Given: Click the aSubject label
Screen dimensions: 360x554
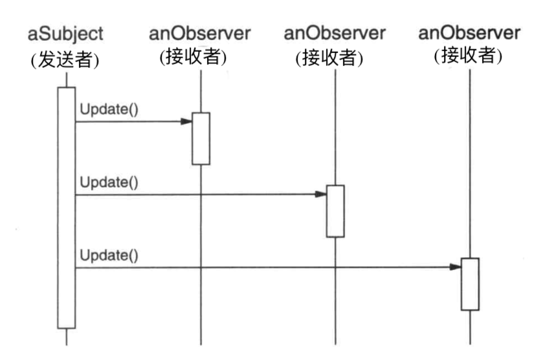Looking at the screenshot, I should click(65, 33).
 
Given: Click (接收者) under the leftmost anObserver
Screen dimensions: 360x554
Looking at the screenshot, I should click(193, 58).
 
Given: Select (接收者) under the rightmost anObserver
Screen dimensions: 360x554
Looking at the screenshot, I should click(469, 56).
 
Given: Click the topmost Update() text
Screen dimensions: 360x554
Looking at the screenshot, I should click(109, 109).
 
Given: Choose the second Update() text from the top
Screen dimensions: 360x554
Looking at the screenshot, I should click(109, 182).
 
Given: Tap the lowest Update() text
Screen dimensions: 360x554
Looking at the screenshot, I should click(109, 254).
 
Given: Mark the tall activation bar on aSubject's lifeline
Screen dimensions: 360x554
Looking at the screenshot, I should click(66, 207).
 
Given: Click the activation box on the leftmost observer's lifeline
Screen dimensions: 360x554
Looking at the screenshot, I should click(201, 139).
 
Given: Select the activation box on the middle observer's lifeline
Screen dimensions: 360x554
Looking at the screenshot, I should click(335, 211).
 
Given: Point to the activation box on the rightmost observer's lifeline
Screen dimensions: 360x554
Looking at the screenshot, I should click(470, 284).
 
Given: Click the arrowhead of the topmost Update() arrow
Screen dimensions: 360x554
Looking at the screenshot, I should click(186, 121).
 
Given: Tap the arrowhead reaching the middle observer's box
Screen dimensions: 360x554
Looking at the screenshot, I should click(321, 194).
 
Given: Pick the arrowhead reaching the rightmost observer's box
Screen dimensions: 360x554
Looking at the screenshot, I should click(456, 266).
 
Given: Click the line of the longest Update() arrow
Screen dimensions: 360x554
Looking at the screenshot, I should click(259, 266).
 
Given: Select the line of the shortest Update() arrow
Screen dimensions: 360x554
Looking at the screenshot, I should click(129, 121).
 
